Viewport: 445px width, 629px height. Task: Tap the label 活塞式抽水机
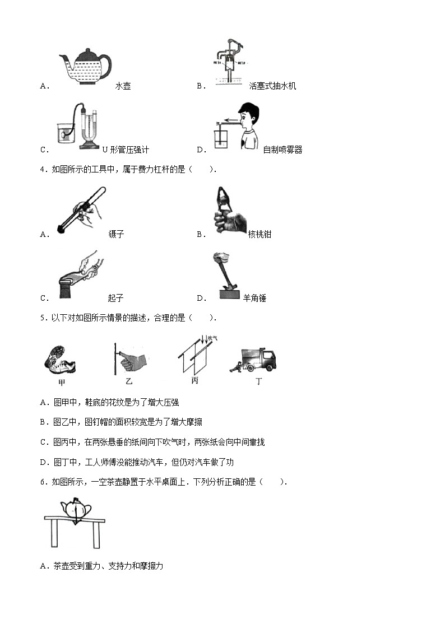click(272, 86)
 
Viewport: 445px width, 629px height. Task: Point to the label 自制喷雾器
click(282, 150)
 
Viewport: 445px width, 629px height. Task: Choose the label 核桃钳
click(259, 235)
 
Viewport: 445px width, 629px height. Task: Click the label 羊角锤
click(254, 299)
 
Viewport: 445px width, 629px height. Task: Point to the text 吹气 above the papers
click(212, 338)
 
